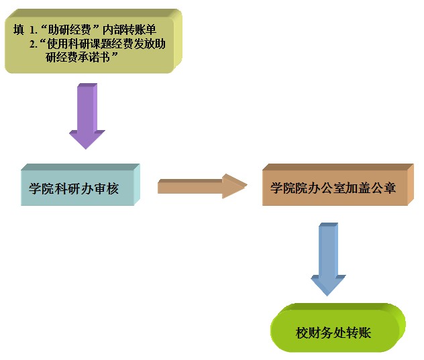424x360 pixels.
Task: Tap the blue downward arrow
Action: point(328,258)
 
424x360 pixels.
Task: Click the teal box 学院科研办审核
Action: point(77,188)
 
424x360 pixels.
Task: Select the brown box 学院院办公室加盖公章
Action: point(333,188)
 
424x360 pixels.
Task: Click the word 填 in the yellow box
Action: point(18,30)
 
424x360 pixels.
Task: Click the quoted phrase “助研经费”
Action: point(70,30)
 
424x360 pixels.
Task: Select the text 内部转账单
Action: point(128,30)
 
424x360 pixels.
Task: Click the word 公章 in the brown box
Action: point(383,188)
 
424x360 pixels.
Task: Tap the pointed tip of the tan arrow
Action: point(246,186)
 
